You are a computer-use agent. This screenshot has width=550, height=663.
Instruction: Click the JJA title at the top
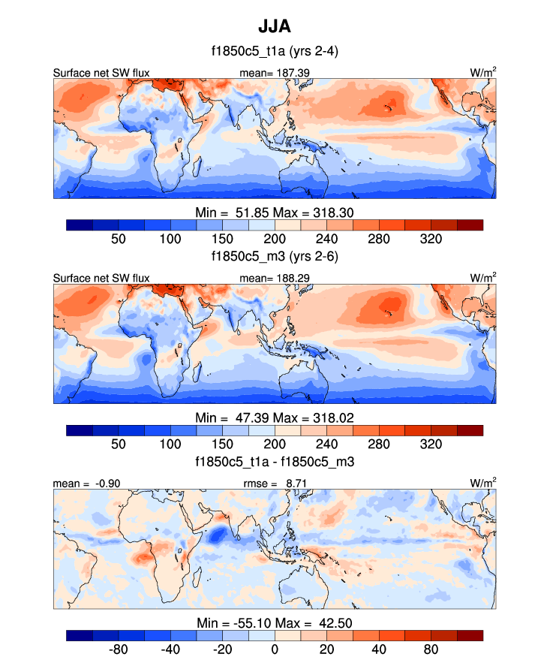pyautogui.click(x=275, y=26)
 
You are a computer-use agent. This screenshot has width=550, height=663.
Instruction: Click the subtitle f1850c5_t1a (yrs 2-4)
pyautogui.click(x=275, y=52)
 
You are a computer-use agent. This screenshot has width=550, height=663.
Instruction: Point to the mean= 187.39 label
pyautogui.click(x=273, y=73)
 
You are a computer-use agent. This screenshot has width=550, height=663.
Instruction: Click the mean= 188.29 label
pyautogui.click(x=273, y=278)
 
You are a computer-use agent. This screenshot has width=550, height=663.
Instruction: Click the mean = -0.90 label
pyautogui.click(x=82, y=483)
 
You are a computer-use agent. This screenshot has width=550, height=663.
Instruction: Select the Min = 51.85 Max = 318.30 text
pyautogui.click(x=275, y=212)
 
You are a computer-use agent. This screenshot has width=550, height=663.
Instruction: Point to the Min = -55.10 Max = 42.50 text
pyautogui.click(x=275, y=622)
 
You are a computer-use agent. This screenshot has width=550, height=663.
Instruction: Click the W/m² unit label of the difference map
pyautogui.click(x=483, y=482)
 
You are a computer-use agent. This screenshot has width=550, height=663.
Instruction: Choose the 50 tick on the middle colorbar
pyautogui.click(x=119, y=443)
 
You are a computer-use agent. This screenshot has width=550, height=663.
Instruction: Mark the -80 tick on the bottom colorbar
pyautogui.click(x=119, y=648)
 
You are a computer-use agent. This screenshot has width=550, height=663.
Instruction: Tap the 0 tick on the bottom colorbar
pyautogui.click(x=275, y=648)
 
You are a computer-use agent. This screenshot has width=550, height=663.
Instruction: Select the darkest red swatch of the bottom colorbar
pyautogui.click(x=470, y=635)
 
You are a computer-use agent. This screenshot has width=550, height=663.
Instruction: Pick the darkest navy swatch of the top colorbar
pyautogui.click(x=80, y=225)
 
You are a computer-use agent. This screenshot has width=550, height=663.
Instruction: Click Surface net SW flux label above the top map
pyautogui.click(x=101, y=73)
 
